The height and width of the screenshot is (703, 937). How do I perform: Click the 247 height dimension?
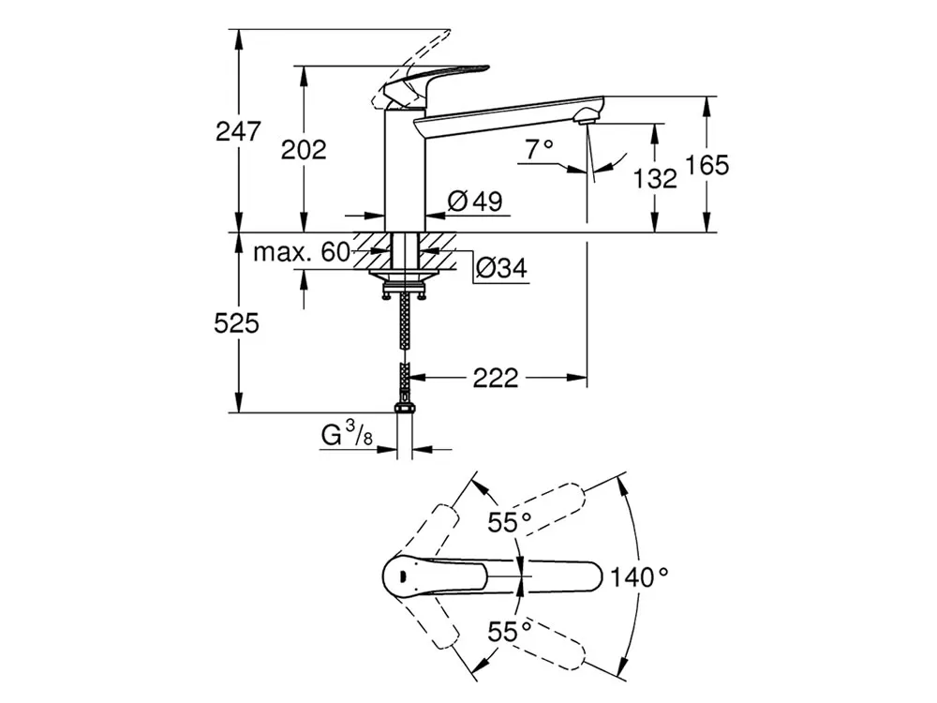(x=238, y=131)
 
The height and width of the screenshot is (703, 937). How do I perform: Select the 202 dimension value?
(x=304, y=149)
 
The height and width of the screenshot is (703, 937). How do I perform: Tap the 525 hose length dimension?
(x=237, y=323)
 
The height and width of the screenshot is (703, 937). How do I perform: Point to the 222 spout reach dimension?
(x=496, y=378)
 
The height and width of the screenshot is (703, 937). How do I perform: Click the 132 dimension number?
(x=655, y=178)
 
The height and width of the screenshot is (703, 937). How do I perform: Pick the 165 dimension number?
(x=706, y=165)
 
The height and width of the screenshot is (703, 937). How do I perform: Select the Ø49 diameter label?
(x=475, y=201)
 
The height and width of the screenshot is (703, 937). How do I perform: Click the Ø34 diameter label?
(x=502, y=268)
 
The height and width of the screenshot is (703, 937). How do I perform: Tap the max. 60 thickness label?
(x=302, y=252)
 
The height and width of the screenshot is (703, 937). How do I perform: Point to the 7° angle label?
(x=540, y=148)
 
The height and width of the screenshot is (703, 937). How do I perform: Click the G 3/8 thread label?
(x=348, y=433)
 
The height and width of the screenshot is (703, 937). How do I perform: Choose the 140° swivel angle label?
(x=639, y=576)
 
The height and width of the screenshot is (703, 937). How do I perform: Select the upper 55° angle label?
(x=510, y=522)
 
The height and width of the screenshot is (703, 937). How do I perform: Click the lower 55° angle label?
(x=510, y=631)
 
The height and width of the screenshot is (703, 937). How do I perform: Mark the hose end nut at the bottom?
(x=405, y=409)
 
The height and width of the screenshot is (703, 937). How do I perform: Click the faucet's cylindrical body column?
(x=405, y=171)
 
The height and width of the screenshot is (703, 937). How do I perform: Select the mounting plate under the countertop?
(x=405, y=275)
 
